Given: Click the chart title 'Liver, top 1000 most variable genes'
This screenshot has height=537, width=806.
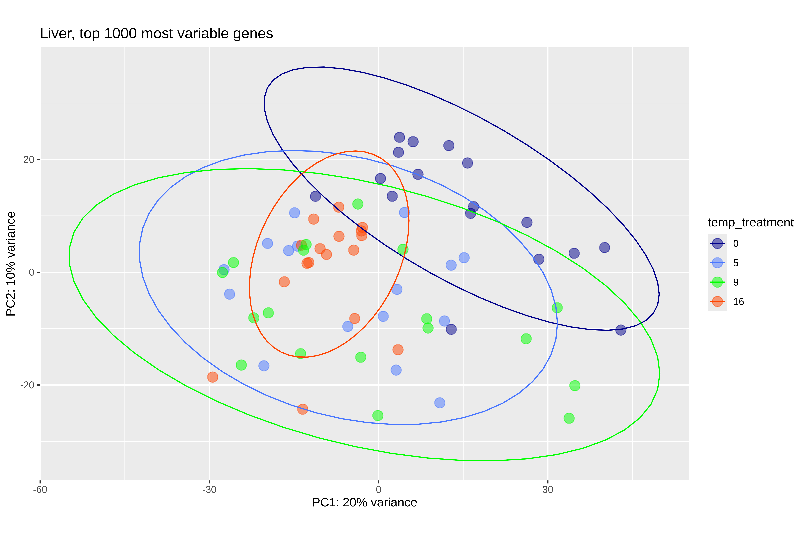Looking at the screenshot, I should pos(156,34).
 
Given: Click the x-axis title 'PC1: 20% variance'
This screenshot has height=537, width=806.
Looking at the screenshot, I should pos(364,502).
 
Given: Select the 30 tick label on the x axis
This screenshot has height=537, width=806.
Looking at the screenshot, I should pos(548,489).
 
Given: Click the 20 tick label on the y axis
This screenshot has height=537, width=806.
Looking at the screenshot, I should pos(29,160).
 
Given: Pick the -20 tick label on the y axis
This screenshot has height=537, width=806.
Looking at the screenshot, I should pos(27,385).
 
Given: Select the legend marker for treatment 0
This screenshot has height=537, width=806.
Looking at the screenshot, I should pos(717,244).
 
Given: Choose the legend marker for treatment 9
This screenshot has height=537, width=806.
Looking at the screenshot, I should pos(717,282).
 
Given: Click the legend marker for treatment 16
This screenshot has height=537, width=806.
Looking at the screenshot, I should pos(717,301).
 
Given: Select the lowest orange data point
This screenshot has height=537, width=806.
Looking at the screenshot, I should pos(302,409).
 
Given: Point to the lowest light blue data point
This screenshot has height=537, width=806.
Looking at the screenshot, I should pos(440,403).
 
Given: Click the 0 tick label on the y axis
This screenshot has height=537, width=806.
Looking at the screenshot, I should pos(32,272).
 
